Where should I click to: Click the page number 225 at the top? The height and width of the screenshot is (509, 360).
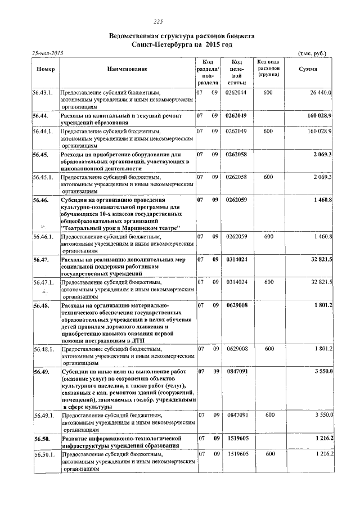point(157,22)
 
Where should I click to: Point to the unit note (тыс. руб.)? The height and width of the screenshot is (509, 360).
point(311,52)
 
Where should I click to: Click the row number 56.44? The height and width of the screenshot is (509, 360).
point(41,115)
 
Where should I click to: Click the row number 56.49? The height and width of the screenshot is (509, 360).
point(41,372)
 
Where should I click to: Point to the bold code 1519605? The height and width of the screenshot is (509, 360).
point(237,438)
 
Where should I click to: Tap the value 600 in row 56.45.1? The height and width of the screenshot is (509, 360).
point(268,177)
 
